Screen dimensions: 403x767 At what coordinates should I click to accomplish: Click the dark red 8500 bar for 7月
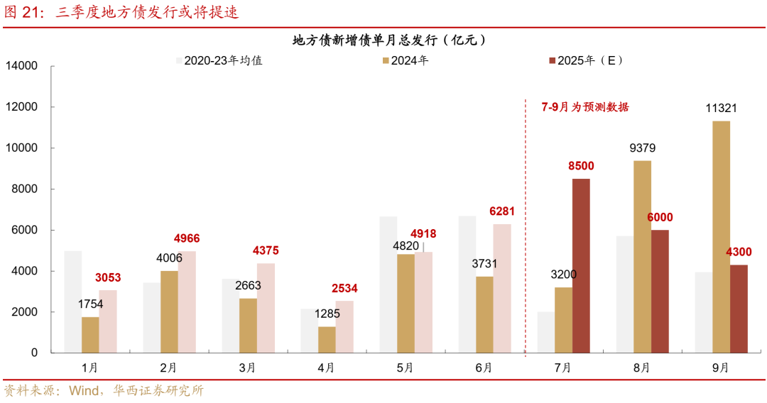pos(581,265)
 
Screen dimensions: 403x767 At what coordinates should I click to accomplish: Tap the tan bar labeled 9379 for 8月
pos(642,256)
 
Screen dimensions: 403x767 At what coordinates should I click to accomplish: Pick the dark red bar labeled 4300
pos(739,309)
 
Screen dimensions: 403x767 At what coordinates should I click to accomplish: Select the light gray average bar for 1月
pos(73,302)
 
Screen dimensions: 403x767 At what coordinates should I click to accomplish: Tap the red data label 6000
pos(660,218)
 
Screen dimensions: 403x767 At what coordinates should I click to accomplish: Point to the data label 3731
pos(485,264)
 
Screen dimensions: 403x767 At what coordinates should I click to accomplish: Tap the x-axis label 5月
pos(406,368)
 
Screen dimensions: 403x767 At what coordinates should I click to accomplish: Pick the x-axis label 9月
pos(720,368)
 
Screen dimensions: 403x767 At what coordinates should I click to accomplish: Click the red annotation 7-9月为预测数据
pos(584,107)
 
